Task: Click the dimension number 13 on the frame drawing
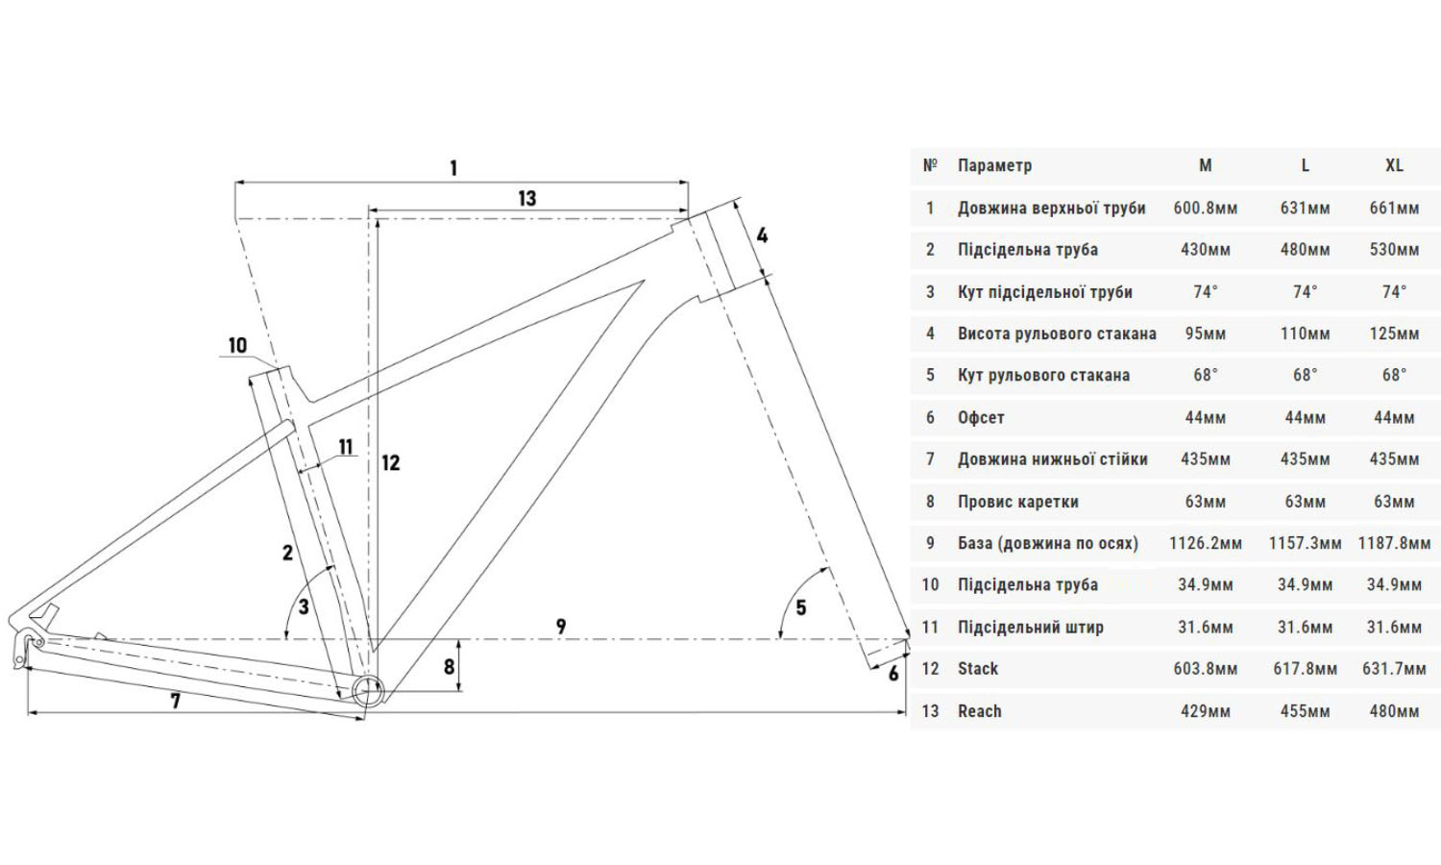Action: [x=526, y=199]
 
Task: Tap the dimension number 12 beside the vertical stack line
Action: [x=390, y=463]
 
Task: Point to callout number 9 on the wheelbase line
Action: [x=561, y=628]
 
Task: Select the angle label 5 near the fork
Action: [x=800, y=607]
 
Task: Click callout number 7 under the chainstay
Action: [x=175, y=702]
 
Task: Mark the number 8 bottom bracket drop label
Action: [x=449, y=667]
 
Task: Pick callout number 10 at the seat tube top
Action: [x=237, y=346]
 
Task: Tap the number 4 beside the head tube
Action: [x=762, y=235]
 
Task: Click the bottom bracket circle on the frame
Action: [x=368, y=691]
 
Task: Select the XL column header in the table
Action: [x=1394, y=165]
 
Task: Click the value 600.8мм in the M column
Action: [x=1205, y=208]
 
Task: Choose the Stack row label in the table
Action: [x=978, y=669]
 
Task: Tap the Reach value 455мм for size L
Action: [x=1305, y=711]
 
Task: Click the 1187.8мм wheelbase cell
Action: [x=1394, y=543]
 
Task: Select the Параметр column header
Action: [x=994, y=165]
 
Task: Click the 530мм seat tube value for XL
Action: [x=1394, y=250]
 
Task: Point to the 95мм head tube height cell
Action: [x=1205, y=334]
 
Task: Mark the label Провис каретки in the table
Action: [x=1017, y=502]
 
